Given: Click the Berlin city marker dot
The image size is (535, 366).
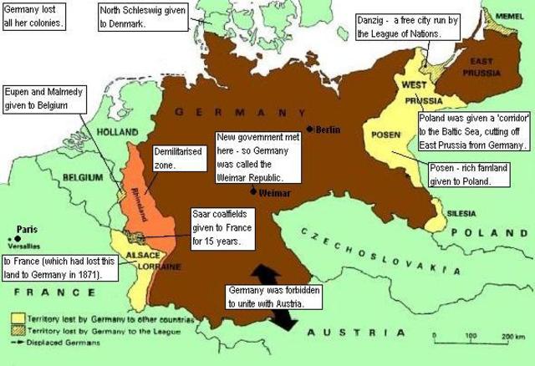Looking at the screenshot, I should [x=309, y=129].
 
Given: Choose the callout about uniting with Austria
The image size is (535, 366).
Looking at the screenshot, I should [x=264, y=297].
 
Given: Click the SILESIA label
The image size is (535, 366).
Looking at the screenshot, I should [x=461, y=213].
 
